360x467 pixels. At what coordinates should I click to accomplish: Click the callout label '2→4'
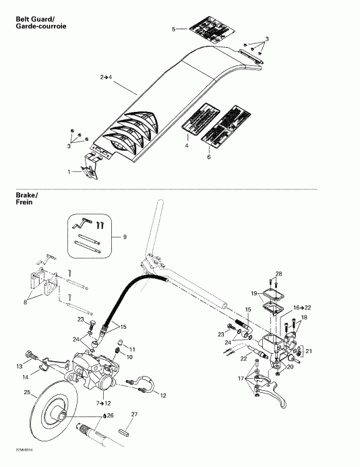(106, 77)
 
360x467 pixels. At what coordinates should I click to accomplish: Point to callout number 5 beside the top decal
(173, 30)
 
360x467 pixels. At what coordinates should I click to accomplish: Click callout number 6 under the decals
(208, 157)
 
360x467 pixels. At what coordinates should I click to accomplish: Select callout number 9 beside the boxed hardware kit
(123, 237)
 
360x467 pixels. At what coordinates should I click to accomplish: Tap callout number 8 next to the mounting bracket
(26, 303)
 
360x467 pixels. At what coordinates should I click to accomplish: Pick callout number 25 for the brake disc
(26, 392)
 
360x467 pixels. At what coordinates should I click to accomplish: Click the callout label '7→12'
(103, 402)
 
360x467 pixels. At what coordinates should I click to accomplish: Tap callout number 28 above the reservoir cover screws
(278, 273)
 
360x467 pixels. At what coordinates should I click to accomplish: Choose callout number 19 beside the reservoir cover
(255, 294)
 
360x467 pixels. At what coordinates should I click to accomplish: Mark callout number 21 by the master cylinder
(310, 351)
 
